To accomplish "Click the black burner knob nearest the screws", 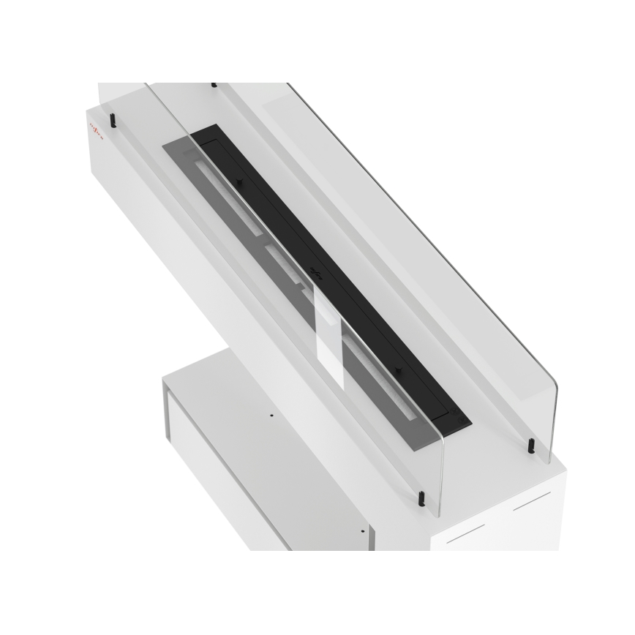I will [x=399, y=371].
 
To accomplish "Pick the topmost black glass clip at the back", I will [x=214, y=85].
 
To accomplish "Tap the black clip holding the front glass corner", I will [x=421, y=499].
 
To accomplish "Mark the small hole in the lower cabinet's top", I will [x=271, y=415].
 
